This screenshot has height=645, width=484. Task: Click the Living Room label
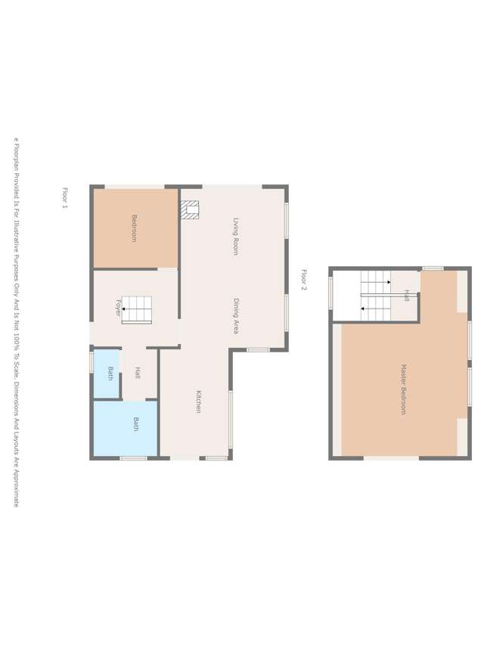pos(236,236)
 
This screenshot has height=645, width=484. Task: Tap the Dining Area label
pos(236,316)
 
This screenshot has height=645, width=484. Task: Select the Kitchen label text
pos(198,402)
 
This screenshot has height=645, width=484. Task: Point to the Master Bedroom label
pos(403,389)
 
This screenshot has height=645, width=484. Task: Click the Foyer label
pos(118,309)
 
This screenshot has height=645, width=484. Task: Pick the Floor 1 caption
pos(65,197)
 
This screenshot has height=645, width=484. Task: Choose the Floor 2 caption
pos(304,280)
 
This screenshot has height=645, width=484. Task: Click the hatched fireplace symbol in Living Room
pos(190,210)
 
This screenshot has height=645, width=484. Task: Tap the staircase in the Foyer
pos(137,310)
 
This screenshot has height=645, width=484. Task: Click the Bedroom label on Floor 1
pos(135,228)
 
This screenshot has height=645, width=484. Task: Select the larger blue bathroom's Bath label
pos(136,424)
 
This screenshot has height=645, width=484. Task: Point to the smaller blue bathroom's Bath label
pos(110,374)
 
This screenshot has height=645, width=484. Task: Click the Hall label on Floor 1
pos(138,373)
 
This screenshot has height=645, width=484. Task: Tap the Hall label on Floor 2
pos(407,295)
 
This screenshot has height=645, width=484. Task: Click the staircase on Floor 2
pos(376,296)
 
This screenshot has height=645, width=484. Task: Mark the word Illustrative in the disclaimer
pos(15,256)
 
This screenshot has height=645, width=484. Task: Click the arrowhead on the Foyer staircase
pos(124,309)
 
